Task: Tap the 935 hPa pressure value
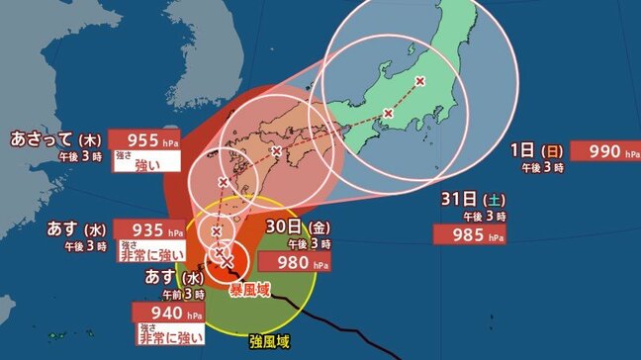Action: [147, 228]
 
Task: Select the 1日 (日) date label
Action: [537, 150]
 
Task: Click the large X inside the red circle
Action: [227, 262]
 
